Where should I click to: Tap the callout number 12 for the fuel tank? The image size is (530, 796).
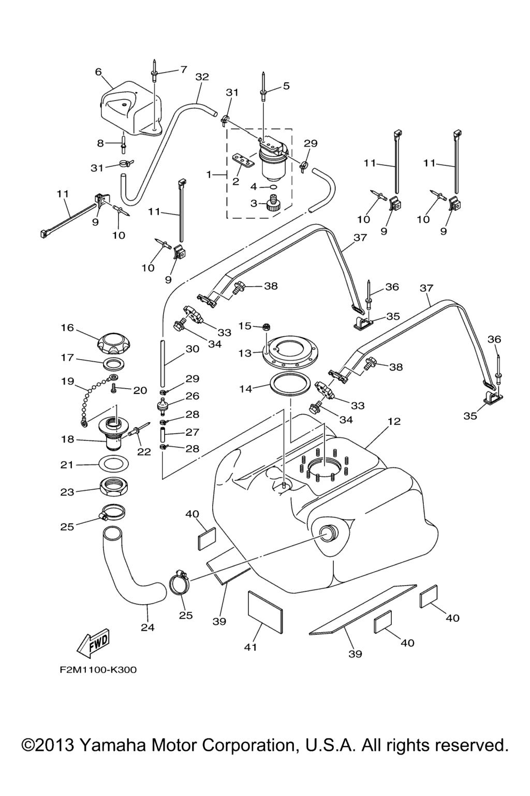pyautogui.click(x=394, y=421)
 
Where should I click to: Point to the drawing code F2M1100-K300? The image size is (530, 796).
pyautogui.click(x=98, y=670)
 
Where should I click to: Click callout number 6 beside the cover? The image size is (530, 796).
pyautogui.click(x=98, y=72)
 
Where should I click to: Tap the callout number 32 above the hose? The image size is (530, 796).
pyautogui.click(x=202, y=77)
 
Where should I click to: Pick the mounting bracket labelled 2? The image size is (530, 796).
pyautogui.click(x=244, y=161)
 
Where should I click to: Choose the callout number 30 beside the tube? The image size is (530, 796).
pyautogui.click(x=192, y=349)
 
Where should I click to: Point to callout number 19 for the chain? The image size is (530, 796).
pyautogui.click(x=67, y=381)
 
